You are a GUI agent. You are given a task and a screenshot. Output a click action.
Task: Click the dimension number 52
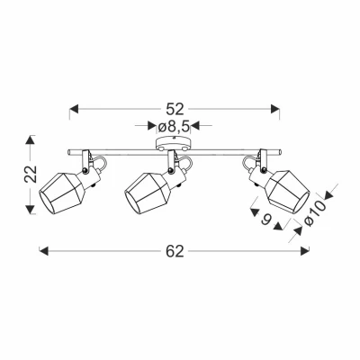point(175,110)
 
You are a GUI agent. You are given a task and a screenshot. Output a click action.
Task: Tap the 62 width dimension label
point(175,251)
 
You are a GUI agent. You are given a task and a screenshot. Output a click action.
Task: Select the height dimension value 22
point(31,174)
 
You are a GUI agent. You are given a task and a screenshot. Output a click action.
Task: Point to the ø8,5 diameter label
point(175,127)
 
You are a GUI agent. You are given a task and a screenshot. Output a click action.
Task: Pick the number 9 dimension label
point(265,220)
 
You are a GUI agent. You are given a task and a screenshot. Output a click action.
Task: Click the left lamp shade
point(62,193)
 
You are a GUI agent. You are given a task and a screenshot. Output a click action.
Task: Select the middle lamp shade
point(148,193)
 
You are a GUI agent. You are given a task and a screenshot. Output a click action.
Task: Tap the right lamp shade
point(289,192)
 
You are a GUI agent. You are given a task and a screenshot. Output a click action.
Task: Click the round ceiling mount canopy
point(173,143)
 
